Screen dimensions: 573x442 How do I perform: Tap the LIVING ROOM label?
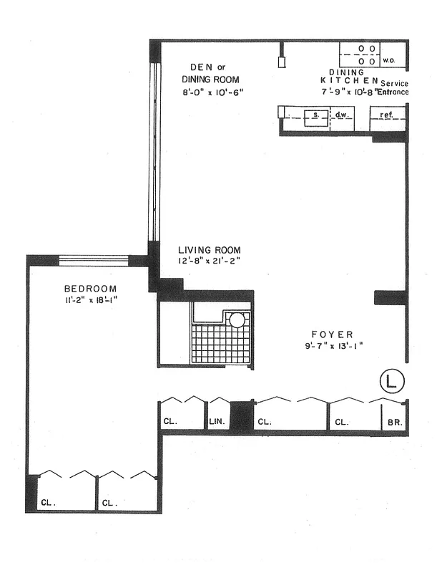tap(209, 250)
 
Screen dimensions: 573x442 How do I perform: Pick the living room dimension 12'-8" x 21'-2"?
tap(210, 261)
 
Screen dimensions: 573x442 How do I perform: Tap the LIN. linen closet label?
tap(217, 423)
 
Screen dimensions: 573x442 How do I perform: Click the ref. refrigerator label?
tap(387, 114)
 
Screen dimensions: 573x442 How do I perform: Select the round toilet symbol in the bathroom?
tap(237, 319)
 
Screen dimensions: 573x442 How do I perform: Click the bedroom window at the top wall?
tap(93, 259)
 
